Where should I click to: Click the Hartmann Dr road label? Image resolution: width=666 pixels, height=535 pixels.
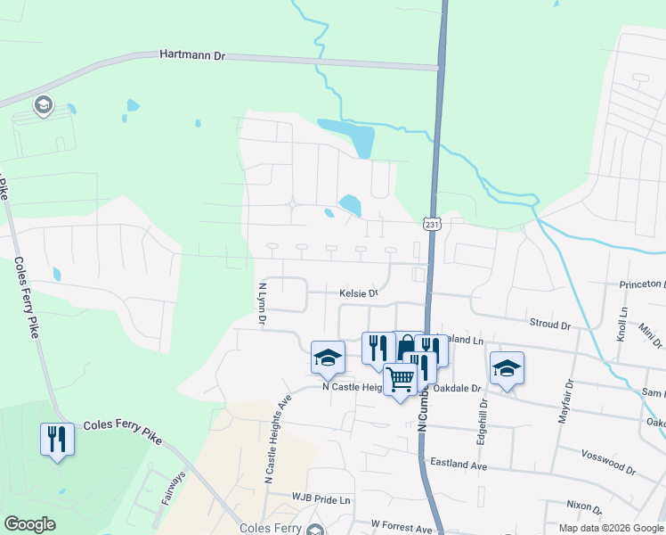(193, 55)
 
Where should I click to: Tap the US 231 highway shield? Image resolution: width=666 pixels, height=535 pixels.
(431, 226)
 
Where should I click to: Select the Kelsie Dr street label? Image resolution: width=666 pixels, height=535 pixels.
(360, 292)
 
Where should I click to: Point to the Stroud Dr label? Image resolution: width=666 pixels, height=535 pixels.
(549, 325)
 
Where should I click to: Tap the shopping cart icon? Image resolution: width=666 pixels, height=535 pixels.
(400, 379)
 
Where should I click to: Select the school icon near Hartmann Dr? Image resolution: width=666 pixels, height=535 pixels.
(43, 107)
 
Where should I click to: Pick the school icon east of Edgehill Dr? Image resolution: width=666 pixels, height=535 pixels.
(507, 367)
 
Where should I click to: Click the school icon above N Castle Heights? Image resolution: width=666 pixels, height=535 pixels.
(328, 358)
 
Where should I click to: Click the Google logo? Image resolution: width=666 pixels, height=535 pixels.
(29, 524)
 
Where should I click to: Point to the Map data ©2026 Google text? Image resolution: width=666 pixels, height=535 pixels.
(611, 528)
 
